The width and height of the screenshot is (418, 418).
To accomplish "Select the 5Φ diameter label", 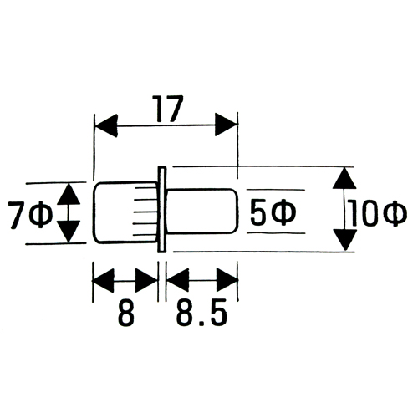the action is [x=273, y=213].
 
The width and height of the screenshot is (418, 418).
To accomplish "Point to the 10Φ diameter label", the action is [x=378, y=213].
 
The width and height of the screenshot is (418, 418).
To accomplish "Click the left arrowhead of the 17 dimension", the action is [x=106, y=125].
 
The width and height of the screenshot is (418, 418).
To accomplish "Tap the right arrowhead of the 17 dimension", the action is [x=226, y=125].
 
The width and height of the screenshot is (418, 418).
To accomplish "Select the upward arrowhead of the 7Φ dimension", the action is [x=69, y=194].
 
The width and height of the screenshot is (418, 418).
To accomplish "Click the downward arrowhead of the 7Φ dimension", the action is [x=69, y=232].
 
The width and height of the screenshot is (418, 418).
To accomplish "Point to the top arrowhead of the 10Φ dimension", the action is [x=344, y=178].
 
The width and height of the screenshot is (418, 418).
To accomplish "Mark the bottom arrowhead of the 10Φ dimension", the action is [x=345, y=240].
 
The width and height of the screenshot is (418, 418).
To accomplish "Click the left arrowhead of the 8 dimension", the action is [x=103, y=281].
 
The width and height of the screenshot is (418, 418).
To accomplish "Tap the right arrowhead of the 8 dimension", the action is [x=146, y=281].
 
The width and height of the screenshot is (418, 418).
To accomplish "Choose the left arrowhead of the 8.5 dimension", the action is [x=177, y=280].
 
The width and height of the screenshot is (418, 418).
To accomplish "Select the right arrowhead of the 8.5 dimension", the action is [x=227, y=280].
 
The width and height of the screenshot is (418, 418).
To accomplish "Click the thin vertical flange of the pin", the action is [x=161, y=210].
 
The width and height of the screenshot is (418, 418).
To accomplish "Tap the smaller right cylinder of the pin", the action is [x=202, y=211].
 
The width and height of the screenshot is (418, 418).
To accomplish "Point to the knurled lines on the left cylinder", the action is [x=145, y=212].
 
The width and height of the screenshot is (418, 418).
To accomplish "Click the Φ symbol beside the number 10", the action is [x=395, y=213].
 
